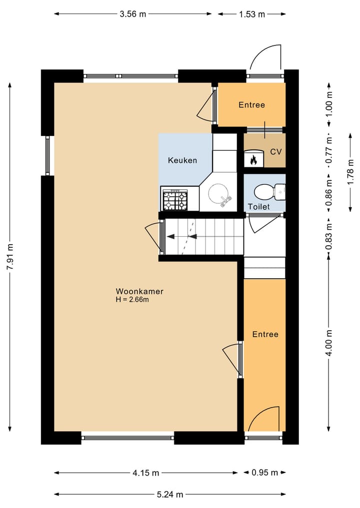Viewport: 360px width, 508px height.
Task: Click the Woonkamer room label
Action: [x=139, y=291]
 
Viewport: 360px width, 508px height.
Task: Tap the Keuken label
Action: [x=182, y=160]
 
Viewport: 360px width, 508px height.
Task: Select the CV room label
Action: [x=275, y=151]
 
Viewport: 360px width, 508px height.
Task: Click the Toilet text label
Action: [x=258, y=206]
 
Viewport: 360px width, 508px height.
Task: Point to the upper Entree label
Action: [x=251, y=105]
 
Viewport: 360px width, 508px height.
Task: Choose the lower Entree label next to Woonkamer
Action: [x=265, y=334]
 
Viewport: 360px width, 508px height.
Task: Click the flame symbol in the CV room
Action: [x=253, y=160]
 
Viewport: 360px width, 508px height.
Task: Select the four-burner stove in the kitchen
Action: [x=174, y=200]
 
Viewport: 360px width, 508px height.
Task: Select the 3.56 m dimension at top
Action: [x=133, y=14]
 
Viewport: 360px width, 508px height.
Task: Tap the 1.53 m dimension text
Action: [x=251, y=14]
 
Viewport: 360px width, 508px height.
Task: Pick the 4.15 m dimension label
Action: [x=146, y=473]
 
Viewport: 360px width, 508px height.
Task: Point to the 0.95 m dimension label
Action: [x=264, y=473]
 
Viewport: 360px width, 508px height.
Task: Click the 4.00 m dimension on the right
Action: [x=328, y=343]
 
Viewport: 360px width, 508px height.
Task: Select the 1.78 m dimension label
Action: [x=350, y=172]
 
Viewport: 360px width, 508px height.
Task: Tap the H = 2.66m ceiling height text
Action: [x=132, y=300]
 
